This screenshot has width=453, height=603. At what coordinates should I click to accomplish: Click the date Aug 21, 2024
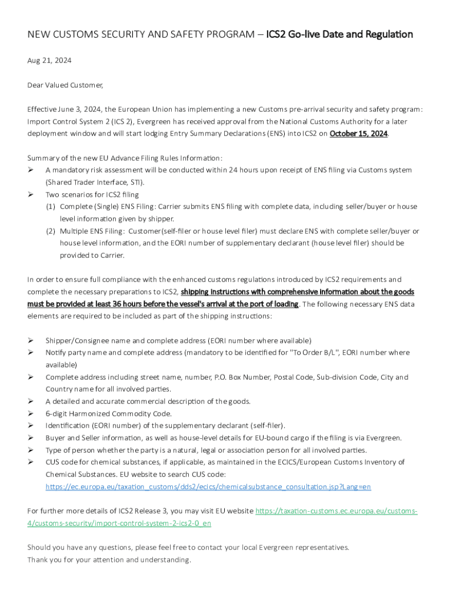click(x=49, y=61)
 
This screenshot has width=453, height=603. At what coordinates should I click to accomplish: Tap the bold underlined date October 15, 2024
click(x=358, y=134)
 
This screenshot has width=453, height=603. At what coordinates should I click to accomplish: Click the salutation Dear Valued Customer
click(x=65, y=85)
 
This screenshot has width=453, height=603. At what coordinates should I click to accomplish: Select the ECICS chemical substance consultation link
click(x=208, y=487)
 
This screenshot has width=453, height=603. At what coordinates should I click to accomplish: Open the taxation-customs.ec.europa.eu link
click(x=337, y=511)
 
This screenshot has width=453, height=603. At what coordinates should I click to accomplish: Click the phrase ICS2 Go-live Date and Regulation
click(x=339, y=34)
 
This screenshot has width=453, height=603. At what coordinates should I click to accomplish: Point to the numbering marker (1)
click(x=51, y=207)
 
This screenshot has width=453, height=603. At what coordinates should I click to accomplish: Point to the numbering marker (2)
click(x=51, y=231)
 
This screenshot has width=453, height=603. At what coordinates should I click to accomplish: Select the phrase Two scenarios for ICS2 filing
click(x=92, y=194)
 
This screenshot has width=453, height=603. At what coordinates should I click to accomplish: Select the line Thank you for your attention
click(x=109, y=559)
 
